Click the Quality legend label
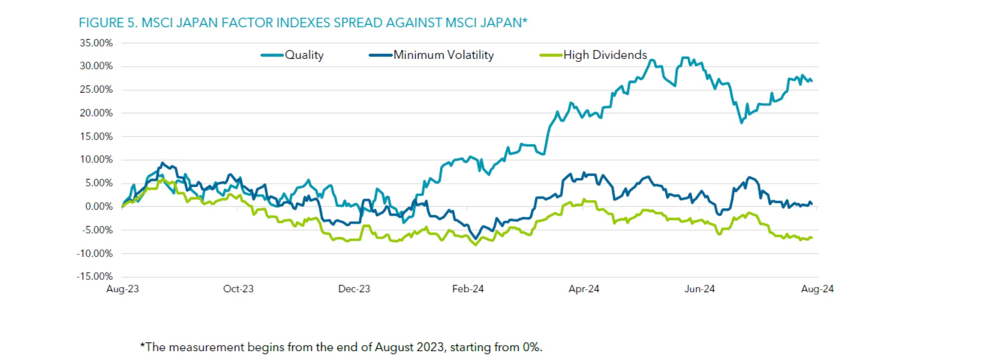[x=304, y=55]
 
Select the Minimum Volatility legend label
[x=443, y=55]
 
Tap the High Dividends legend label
[x=605, y=55]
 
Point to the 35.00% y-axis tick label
[x=96, y=43]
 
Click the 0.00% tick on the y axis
[x=99, y=207]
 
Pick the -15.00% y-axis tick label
[x=95, y=277]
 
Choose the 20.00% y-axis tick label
[x=96, y=113]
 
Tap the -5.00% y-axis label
[x=97, y=230]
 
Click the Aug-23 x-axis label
[x=122, y=289]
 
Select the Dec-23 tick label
[x=354, y=289]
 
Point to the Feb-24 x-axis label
[x=468, y=289]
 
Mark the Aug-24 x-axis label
[x=817, y=289]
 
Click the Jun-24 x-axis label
[x=699, y=289]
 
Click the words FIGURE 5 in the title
[x=107, y=23]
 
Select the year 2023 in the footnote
[x=430, y=347]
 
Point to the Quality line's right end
[x=811, y=81]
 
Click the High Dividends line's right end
[x=811, y=238]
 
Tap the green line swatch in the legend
[x=551, y=55]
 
